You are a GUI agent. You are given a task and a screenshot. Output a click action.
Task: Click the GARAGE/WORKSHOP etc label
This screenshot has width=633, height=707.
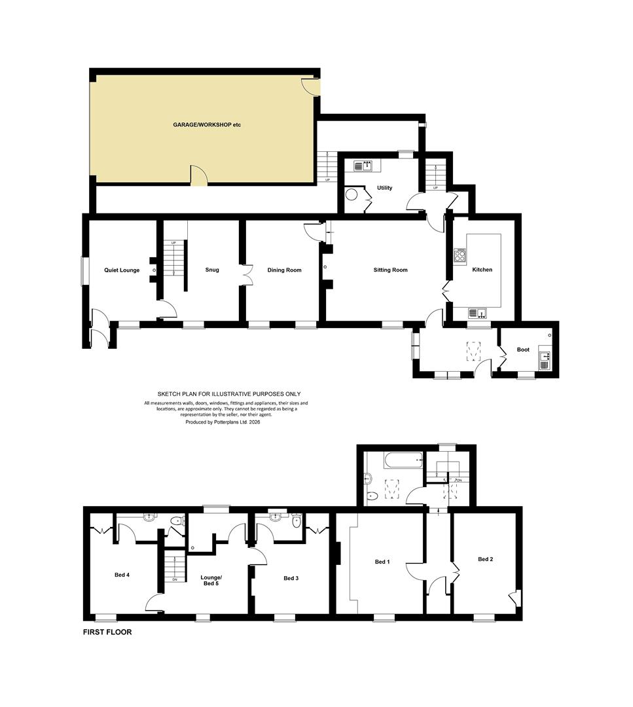point(207,125)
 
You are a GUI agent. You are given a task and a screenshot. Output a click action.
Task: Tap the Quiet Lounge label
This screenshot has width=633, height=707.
point(122,270)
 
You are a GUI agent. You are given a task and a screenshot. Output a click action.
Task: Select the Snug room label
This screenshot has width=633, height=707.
point(212,270)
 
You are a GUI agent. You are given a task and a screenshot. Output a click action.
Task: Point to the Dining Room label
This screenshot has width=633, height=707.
point(284,270)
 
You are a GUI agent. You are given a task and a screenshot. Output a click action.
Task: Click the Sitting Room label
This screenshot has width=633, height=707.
point(390,270)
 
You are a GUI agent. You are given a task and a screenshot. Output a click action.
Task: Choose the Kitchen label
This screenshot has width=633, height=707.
point(482,270)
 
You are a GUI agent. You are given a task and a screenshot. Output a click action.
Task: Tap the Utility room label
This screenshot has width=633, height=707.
point(385,188)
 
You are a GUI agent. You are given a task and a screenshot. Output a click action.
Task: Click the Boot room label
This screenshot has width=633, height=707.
point(523,350)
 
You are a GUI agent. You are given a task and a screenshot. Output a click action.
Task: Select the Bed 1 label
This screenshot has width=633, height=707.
point(382,562)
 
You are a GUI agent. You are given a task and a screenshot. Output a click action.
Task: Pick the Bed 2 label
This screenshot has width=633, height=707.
point(486,559)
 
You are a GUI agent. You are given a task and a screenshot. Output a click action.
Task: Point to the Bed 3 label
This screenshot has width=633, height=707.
point(291,578)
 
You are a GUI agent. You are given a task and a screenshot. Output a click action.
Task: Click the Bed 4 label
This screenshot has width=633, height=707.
point(122,575)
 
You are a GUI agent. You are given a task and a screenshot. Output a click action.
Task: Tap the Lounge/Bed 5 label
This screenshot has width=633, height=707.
point(211,580)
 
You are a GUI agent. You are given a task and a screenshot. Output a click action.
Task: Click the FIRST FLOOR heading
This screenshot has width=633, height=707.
point(107,632)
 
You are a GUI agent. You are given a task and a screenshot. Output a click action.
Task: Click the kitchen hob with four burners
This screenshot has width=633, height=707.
point(460,257)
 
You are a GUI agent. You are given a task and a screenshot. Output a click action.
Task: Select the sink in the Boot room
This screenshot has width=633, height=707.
point(545,360)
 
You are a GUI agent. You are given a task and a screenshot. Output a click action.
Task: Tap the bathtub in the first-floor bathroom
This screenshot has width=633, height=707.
point(403,460)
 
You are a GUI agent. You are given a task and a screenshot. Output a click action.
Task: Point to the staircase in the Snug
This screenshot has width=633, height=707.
point(174,260)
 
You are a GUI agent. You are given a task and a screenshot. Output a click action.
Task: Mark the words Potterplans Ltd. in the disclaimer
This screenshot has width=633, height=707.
point(230,422)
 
